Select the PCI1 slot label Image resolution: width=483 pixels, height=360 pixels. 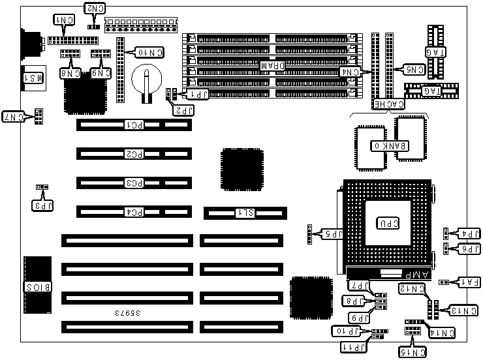tap(134, 124)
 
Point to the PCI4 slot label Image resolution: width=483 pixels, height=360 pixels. tap(134, 211)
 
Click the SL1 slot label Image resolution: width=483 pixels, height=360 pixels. tap(245, 213)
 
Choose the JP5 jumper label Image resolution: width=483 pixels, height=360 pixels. tap(333, 233)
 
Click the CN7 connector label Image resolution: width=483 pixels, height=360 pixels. tap(13, 117)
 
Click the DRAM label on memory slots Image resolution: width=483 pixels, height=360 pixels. tap(272, 66)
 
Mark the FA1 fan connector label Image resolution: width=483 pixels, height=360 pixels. tap(469, 282)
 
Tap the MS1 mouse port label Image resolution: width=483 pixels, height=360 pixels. tap(34, 78)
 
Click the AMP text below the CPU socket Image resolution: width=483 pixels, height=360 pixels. tap(411, 273)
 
